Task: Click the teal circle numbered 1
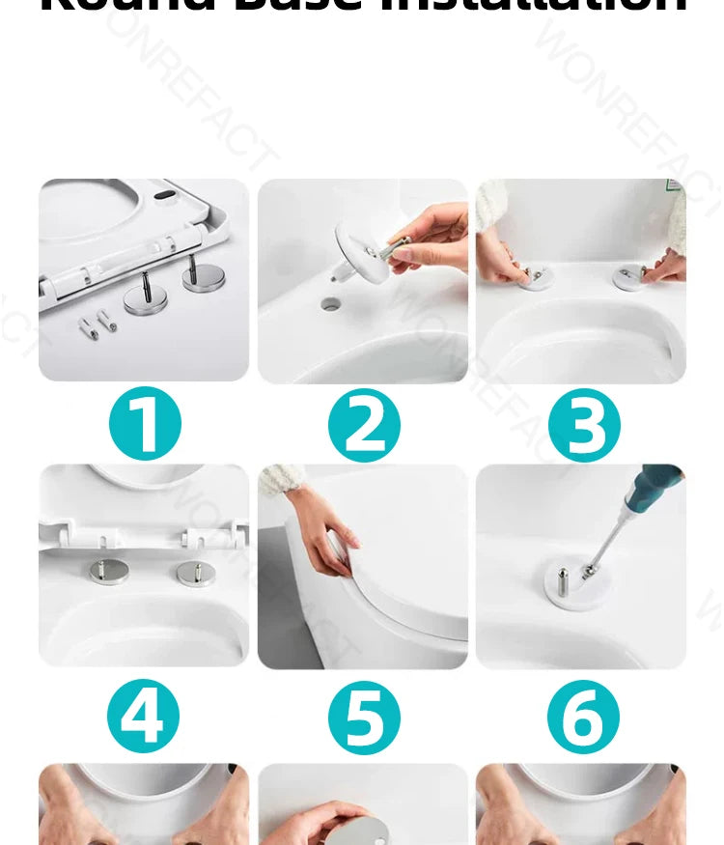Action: tap(145, 423)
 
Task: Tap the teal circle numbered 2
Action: tap(364, 423)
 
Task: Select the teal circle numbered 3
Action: tap(584, 423)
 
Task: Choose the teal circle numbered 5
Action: tap(364, 717)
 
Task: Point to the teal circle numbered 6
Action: tap(583, 717)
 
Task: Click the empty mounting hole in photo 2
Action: tap(331, 305)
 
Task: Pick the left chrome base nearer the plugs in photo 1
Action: tap(145, 299)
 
